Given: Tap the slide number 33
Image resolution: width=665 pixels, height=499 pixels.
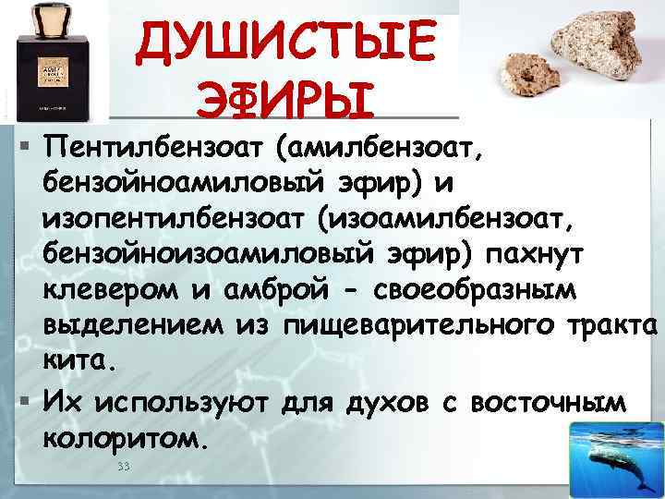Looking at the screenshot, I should pos(123,467).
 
